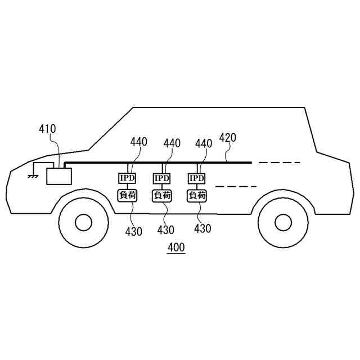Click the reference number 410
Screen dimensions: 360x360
(x=47, y=129)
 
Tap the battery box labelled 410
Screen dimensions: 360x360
(x=58, y=175)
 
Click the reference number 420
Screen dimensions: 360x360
(x=228, y=137)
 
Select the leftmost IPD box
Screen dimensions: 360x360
(x=127, y=178)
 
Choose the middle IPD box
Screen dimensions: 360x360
(x=162, y=178)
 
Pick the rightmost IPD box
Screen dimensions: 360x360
(x=197, y=178)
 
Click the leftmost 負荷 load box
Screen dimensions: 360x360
(x=127, y=195)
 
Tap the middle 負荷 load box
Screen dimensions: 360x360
(x=162, y=195)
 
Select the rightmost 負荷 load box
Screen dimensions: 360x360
(x=197, y=195)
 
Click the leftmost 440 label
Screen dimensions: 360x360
(x=139, y=143)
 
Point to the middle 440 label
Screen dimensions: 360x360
(x=172, y=143)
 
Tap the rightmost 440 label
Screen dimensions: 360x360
(x=204, y=143)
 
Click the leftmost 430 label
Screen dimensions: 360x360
(x=134, y=231)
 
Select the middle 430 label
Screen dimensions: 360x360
(x=165, y=230)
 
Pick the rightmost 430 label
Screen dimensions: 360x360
(x=202, y=229)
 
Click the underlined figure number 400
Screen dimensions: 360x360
(x=176, y=247)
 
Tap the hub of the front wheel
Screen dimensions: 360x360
(x=83, y=223)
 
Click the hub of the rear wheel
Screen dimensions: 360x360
(x=283, y=223)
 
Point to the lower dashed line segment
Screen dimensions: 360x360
(x=236, y=186)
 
